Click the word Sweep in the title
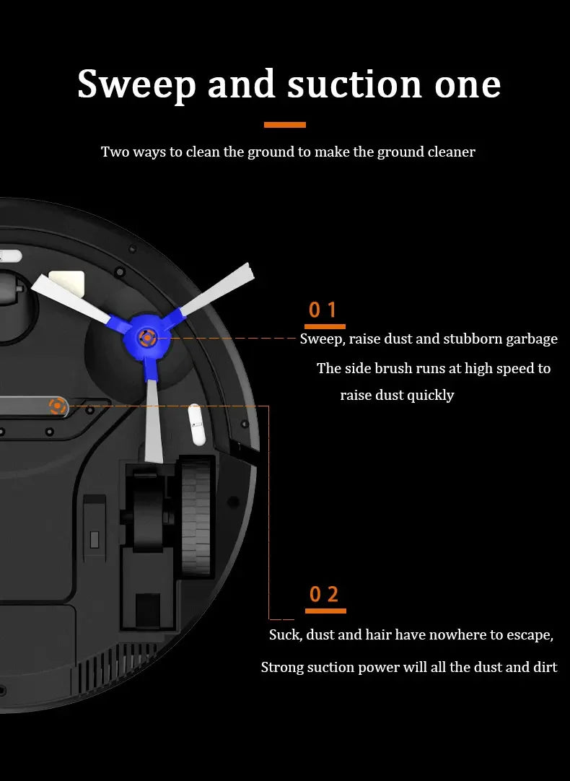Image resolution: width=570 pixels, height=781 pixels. (x=136, y=85)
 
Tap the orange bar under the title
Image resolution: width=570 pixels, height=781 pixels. (x=285, y=125)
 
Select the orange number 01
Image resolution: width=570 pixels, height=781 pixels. (x=323, y=310)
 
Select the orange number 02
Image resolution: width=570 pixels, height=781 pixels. (x=324, y=594)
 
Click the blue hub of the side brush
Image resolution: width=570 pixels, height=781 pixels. (x=147, y=338)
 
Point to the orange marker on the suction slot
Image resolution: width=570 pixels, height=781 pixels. (x=58, y=406)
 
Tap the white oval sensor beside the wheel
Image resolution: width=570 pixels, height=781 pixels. (x=197, y=425)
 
